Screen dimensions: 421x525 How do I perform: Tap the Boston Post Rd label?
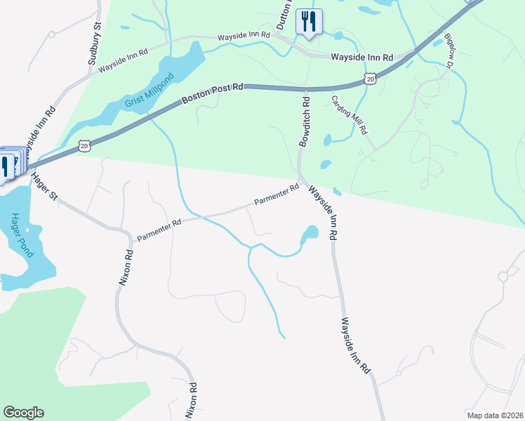point(213,93)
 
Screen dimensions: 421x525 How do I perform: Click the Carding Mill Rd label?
point(349,114)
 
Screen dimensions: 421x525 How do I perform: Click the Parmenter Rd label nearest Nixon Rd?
point(159,229)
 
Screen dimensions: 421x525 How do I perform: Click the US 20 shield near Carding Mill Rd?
point(370,79)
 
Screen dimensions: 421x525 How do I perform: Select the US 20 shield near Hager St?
point(84,145)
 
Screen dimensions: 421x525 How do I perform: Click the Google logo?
point(23,413)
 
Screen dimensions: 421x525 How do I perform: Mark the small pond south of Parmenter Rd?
point(309,234)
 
